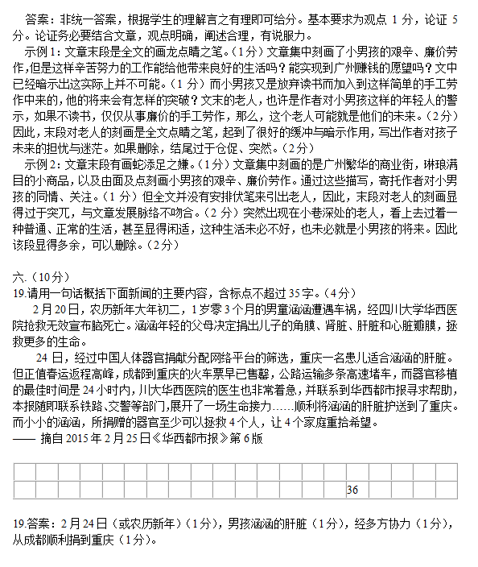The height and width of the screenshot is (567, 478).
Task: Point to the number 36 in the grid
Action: coord(352,490)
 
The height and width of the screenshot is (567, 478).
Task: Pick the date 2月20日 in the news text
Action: coord(53,308)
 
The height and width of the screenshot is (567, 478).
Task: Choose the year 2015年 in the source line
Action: coord(87,441)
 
